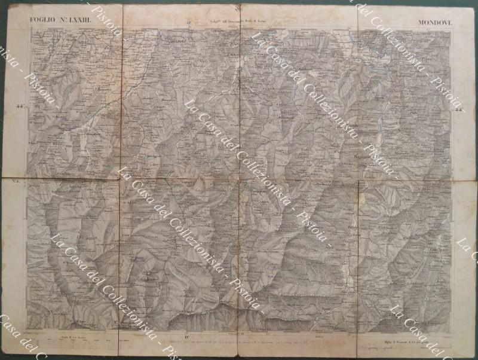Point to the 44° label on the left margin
(x=20, y=107)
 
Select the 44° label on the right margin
(x=459, y=109)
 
